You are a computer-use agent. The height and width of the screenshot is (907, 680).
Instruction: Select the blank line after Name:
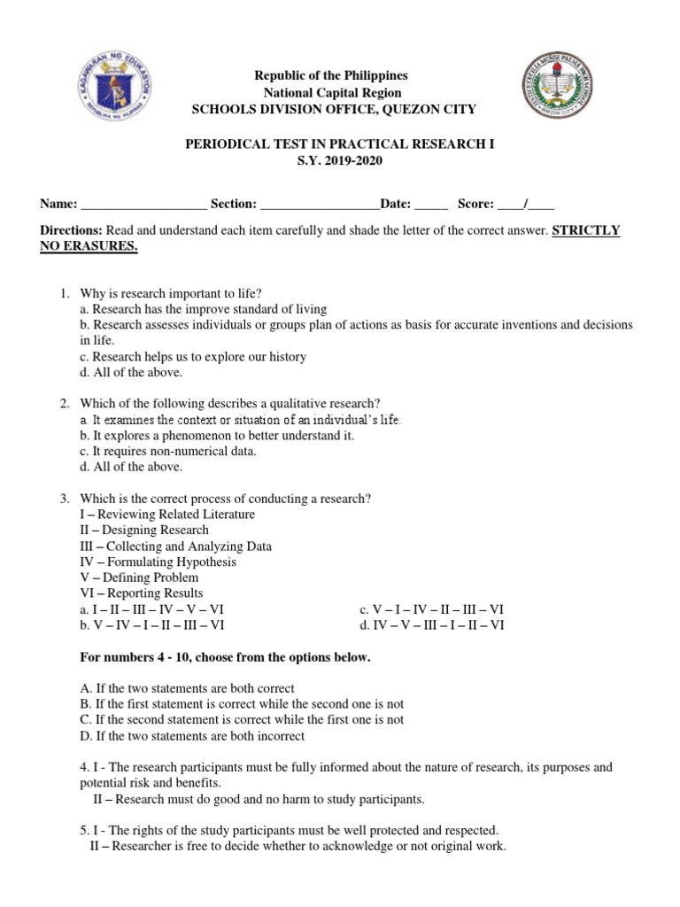[143, 205]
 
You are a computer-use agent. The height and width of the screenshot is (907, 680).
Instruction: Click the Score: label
[475, 204]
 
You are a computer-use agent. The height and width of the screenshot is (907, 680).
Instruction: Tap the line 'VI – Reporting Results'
[142, 593]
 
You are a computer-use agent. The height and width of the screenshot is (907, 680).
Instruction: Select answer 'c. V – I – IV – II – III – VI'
[431, 609]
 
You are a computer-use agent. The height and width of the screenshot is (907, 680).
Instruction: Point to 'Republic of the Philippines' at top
[332, 76]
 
